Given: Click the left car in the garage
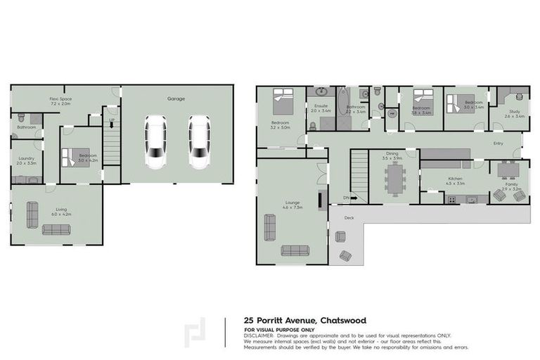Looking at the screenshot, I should (155, 141).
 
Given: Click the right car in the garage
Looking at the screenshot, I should (199, 141).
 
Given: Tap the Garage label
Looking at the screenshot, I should (176, 99).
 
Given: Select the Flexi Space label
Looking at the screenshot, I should (60, 99).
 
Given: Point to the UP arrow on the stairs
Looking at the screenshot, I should (112, 121).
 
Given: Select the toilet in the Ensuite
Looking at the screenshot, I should (312, 125).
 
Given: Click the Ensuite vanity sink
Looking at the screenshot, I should (321, 91).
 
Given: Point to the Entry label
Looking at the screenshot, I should (499, 143).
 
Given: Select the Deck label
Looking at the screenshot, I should (349, 218).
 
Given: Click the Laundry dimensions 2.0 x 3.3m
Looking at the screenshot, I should (26, 163).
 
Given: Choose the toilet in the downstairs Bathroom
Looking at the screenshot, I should (21, 117).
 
